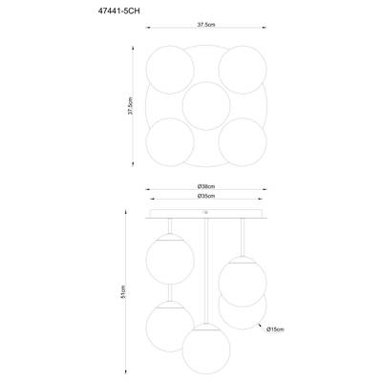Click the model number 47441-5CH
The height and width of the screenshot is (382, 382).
[x=118, y=11]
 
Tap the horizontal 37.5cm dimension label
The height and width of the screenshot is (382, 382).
[x=206, y=25]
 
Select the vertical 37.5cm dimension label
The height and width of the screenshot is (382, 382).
[x=131, y=106]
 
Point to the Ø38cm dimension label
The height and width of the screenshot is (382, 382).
[x=206, y=186]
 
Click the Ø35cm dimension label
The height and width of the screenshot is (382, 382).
[x=206, y=196]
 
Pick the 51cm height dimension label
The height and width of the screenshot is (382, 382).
[x=124, y=291]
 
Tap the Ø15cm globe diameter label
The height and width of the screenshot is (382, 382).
[x=275, y=329]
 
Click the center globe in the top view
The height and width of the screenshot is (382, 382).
[x=206, y=106]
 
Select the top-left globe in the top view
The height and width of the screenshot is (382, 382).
[x=170, y=70]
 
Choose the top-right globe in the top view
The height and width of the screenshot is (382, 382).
[x=243, y=70]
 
